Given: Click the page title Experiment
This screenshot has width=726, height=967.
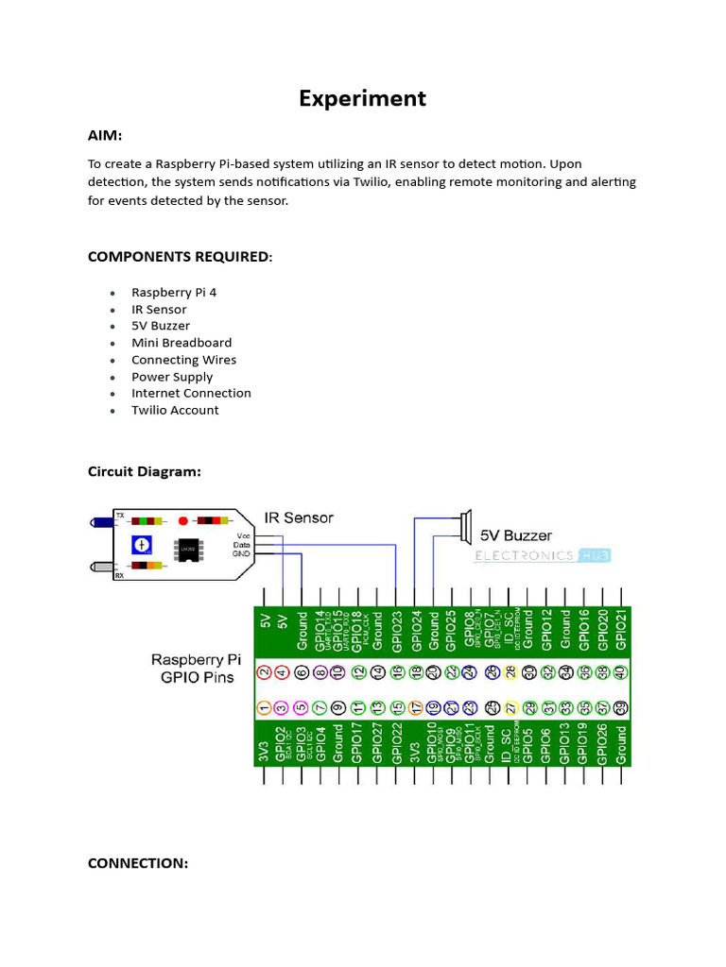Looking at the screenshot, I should tap(363, 98).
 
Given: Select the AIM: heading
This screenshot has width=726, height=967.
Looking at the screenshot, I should tap(105, 136).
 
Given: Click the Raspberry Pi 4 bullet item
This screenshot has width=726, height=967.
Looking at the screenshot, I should tap(174, 293).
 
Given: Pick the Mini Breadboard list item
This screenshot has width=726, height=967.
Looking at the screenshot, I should tap(181, 343).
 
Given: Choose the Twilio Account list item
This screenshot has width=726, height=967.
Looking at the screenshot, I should tap(175, 410).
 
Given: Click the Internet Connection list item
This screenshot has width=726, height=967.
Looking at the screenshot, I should tap(191, 393).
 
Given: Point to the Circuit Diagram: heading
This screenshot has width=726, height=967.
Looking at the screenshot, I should tap(145, 471).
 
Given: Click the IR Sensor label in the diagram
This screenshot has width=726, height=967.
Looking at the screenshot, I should tap(299, 517).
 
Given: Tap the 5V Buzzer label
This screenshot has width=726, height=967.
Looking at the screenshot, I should tap(516, 535).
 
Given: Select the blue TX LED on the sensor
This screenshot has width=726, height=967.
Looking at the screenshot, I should tap(100, 521).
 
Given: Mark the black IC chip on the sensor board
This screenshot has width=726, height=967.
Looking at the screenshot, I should tap(187, 550).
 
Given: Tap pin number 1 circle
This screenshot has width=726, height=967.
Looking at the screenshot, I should tap(266, 707).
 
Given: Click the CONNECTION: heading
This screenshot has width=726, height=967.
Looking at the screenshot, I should tap(138, 863).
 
